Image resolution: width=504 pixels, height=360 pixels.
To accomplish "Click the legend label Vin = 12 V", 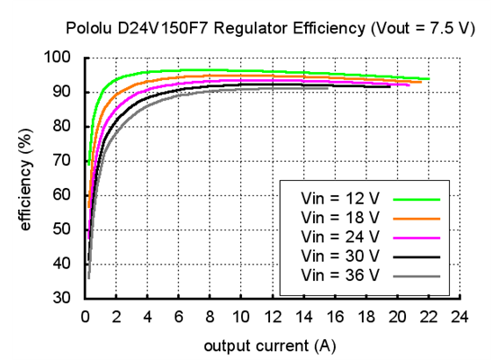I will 333,198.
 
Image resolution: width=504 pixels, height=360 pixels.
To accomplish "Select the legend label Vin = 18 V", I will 333,217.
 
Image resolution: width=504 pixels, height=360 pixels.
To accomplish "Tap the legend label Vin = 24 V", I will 333,236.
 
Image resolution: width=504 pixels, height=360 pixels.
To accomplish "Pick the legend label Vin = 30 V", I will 333,255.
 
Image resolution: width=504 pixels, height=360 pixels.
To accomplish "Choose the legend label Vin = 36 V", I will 333,274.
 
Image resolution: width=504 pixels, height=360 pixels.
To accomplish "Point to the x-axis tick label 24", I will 459,318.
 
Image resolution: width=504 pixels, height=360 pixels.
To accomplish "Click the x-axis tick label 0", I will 85,318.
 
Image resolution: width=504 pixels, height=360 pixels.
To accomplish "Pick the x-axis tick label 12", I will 272,318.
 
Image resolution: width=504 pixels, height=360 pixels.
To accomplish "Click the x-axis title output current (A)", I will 270,346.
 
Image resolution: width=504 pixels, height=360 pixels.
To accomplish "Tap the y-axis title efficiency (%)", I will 25,178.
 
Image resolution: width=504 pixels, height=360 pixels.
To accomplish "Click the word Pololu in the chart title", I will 88,29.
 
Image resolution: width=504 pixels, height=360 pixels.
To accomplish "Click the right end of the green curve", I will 428,79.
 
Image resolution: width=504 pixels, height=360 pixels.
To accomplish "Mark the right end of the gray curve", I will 329,88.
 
